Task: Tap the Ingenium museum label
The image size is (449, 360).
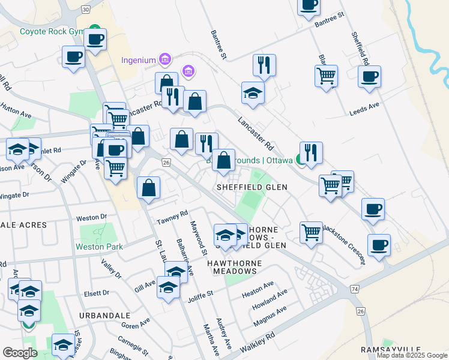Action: (139, 60)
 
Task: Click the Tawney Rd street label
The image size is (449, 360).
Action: (173, 217)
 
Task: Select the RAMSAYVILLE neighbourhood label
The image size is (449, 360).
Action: (388, 349)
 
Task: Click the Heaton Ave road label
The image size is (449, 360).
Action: (258, 287)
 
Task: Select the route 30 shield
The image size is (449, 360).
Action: (86, 10)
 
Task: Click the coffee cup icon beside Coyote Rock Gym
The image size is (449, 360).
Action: (95, 40)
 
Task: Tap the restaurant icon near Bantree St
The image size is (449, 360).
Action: (264, 64)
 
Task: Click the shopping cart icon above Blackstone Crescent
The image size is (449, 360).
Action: (311, 232)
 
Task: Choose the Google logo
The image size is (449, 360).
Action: (20, 353)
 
